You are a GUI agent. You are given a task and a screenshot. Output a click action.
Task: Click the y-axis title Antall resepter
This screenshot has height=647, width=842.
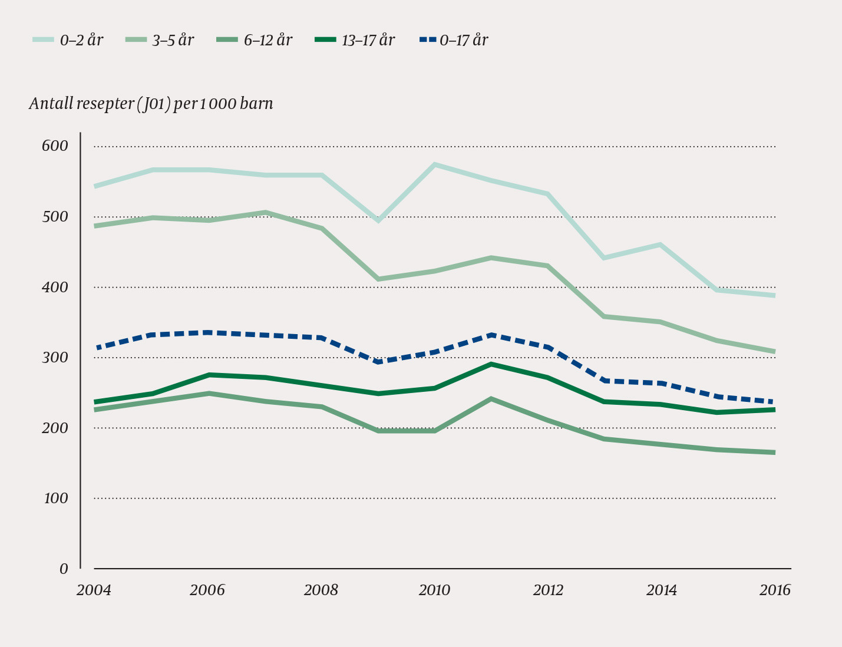(x=151, y=104)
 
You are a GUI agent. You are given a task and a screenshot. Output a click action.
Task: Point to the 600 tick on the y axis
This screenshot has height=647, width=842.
(x=55, y=146)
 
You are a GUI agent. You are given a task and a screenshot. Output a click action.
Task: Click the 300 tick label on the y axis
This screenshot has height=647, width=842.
(x=55, y=358)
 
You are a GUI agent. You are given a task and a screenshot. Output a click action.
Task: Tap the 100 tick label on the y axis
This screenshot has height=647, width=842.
(x=55, y=499)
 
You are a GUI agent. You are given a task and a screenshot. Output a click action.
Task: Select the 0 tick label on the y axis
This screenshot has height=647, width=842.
(x=64, y=569)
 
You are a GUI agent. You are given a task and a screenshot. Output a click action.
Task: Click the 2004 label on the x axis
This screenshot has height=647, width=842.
(x=94, y=590)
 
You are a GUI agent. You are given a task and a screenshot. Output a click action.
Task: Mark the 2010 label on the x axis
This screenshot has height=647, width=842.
(x=434, y=590)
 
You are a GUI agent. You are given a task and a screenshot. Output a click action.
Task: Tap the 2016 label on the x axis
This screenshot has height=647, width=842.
(x=775, y=590)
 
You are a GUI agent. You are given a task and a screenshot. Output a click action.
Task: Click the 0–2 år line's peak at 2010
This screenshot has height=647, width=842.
(x=435, y=164)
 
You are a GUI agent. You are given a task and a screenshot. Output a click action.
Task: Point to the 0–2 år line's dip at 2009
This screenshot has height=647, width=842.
(x=378, y=220)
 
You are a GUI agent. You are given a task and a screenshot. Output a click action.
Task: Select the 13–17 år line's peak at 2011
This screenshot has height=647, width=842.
(x=491, y=364)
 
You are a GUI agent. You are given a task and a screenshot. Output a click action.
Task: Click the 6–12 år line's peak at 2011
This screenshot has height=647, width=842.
(x=491, y=399)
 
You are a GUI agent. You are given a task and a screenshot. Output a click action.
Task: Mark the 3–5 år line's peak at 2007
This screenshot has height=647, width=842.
(x=265, y=213)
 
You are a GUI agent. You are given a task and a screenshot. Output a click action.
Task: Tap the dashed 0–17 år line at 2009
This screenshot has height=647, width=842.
(x=378, y=361)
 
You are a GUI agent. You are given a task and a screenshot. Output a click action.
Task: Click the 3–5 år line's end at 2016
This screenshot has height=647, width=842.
(x=774, y=352)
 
